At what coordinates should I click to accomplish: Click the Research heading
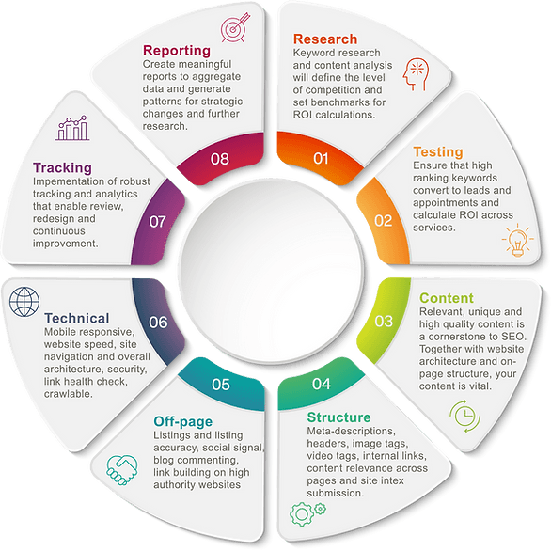325,39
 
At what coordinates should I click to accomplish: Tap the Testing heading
438,151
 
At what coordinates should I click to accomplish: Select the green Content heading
447,298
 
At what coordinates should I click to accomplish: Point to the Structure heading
338,417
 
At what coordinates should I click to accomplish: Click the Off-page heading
183,421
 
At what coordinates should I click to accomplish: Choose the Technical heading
77,319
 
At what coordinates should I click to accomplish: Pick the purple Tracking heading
63,168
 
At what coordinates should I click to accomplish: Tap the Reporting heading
177,51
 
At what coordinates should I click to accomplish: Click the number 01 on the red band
321,159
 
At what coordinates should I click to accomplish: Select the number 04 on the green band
322,384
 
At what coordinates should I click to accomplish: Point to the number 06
158,323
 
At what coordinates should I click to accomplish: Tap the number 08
220,159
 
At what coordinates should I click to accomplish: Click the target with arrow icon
235,28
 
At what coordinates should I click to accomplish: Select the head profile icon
416,74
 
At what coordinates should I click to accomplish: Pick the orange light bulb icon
517,240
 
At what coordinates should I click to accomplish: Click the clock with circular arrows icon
464,416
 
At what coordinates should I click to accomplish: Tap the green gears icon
307,513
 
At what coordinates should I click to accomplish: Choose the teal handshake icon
122,470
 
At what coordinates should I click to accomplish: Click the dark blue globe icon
24,302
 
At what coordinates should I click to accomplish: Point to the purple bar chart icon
72,128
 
